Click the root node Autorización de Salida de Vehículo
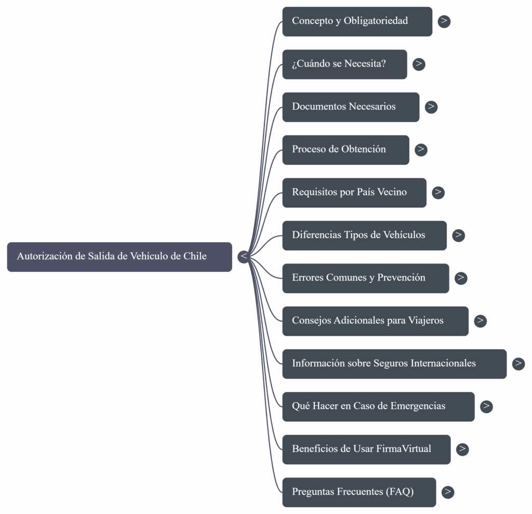119,257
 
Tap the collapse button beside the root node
244,257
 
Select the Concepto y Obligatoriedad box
357,21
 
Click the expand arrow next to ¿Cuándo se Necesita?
419,64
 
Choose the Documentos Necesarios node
351,107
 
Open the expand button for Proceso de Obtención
421,150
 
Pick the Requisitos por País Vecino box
354,192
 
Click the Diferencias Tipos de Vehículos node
364,235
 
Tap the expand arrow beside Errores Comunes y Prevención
461,278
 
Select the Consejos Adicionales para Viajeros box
375,321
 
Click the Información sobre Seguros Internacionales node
394,364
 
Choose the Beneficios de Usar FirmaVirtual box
366,449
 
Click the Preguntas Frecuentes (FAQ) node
359,492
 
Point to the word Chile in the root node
195,256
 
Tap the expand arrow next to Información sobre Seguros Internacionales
518,364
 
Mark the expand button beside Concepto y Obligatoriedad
444,21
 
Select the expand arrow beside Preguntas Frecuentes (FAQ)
448,492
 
